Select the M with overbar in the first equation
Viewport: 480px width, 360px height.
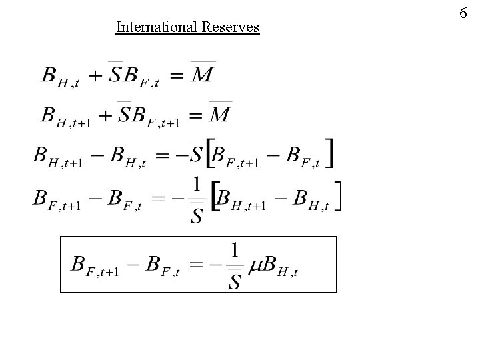click(x=201, y=73)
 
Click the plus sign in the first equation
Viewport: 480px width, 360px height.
click(x=96, y=75)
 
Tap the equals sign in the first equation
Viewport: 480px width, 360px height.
click(x=176, y=76)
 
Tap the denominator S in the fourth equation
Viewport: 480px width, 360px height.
click(x=197, y=215)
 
